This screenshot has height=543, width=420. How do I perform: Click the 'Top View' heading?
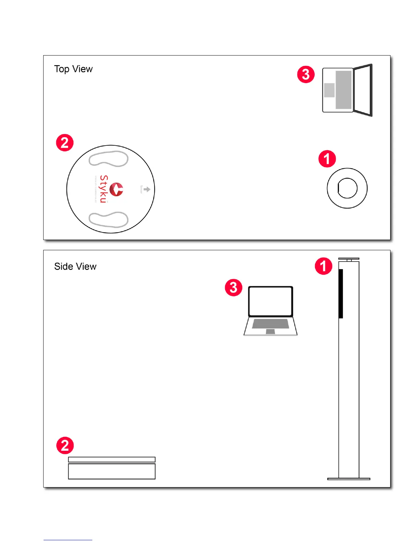[73, 69]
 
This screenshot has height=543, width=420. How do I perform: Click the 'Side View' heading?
[75, 266]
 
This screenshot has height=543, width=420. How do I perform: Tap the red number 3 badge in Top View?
[306, 74]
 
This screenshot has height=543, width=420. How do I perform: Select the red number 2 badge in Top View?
[65, 143]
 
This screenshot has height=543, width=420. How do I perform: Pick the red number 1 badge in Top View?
[327, 159]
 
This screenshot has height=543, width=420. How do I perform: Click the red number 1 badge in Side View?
[324, 266]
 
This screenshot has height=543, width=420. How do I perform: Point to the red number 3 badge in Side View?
[233, 287]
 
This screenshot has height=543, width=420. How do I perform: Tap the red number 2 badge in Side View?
[65, 445]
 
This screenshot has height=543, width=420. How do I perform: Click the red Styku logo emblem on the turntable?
[116, 189]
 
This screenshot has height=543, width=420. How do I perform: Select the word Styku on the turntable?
[103, 189]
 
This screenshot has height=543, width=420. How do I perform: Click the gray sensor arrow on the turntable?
[147, 189]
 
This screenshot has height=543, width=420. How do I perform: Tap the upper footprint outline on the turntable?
[108, 159]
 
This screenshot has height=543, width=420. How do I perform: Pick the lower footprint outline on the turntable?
[108, 220]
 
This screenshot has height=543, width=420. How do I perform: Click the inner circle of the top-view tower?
[347, 188]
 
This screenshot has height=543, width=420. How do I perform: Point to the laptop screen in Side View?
[270, 301]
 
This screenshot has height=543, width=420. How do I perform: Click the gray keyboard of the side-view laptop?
[270, 324]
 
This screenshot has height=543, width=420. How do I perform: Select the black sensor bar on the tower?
[341, 293]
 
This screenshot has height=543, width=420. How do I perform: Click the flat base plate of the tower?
[349, 479]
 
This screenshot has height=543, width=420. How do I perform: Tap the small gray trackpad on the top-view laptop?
[329, 90]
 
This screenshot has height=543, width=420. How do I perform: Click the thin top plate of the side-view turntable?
[112, 459]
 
